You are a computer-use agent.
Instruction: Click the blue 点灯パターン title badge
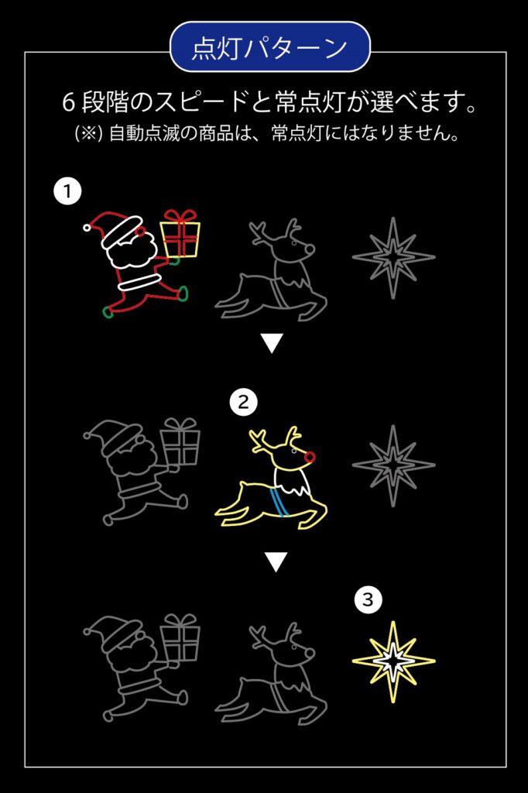click(x=270, y=47)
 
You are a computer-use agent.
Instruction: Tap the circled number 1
click(x=67, y=191)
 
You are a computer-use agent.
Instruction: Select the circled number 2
click(x=243, y=403)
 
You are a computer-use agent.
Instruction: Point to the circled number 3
click(x=368, y=600)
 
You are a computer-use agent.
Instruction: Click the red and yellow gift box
click(x=180, y=234)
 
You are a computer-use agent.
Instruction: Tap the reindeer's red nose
click(x=310, y=458)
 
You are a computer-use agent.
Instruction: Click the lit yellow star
click(x=393, y=661)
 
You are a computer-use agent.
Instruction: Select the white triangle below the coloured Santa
click(x=272, y=343)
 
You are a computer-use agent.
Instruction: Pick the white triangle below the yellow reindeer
click(x=276, y=562)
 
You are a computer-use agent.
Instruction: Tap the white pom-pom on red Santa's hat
click(x=87, y=228)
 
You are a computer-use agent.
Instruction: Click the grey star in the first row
click(x=393, y=257)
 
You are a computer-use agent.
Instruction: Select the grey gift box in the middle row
click(x=180, y=441)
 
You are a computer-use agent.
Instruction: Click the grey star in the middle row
click(x=393, y=465)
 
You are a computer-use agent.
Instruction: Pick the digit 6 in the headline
click(x=69, y=102)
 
